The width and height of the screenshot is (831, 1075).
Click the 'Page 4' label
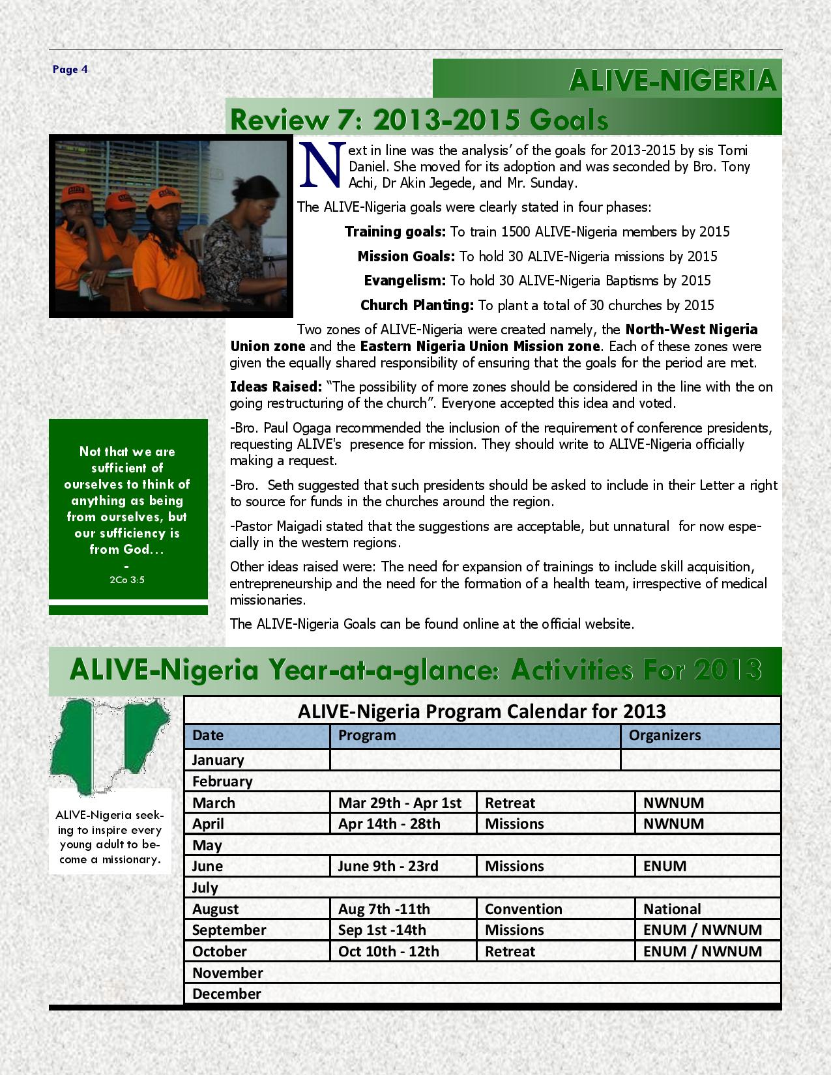(x=70, y=70)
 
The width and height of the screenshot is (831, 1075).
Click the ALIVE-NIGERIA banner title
(x=673, y=81)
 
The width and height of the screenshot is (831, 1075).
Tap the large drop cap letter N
(x=321, y=163)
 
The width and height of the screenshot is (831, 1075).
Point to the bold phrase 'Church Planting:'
(x=417, y=305)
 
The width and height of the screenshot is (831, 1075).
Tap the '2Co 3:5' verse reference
(x=128, y=579)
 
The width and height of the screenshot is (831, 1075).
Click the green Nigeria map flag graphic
(x=109, y=745)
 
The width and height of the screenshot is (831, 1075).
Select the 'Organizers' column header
(x=664, y=736)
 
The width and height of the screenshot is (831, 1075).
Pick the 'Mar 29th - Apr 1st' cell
(x=400, y=803)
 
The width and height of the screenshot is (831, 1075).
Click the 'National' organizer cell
(x=672, y=909)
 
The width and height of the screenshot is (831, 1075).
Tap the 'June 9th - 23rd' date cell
(x=388, y=866)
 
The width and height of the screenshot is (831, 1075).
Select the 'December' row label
(x=226, y=994)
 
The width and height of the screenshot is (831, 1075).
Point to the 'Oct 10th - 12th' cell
(x=388, y=951)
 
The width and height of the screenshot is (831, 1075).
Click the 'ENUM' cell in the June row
(x=665, y=866)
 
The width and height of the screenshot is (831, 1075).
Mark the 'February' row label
(x=222, y=781)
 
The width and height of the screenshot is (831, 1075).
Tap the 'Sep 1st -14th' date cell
(x=382, y=930)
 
